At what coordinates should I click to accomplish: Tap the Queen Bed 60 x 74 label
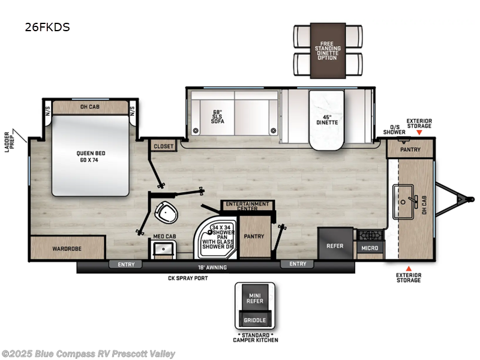point(90,155)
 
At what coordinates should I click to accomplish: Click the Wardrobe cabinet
point(67,248)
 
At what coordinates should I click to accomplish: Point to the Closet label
point(163,146)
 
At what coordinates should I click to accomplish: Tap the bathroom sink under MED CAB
point(161,249)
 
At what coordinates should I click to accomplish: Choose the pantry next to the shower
point(255,236)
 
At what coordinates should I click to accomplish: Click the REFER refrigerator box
point(335,245)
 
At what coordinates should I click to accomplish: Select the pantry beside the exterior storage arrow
point(410,149)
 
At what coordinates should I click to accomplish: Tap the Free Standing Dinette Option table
point(328,51)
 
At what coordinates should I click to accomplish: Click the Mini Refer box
point(255,298)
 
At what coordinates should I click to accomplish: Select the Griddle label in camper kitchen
point(255,320)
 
